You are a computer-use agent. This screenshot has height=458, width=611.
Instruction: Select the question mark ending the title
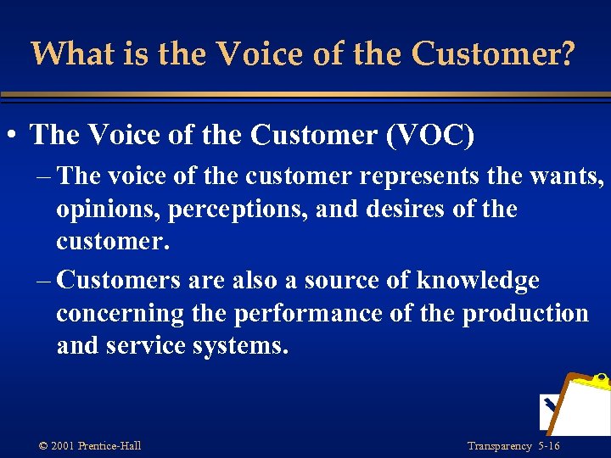pyautogui.click(x=567, y=54)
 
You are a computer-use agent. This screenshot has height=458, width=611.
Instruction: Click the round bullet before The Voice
pyautogui.click(x=14, y=136)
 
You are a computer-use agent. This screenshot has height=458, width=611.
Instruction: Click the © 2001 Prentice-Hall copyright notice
pyautogui.click(x=90, y=446)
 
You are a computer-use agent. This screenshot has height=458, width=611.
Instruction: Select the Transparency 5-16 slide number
pyautogui.click(x=513, y=446)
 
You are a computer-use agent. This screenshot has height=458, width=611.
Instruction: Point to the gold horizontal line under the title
pyautogui.click(x=305, y=94)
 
